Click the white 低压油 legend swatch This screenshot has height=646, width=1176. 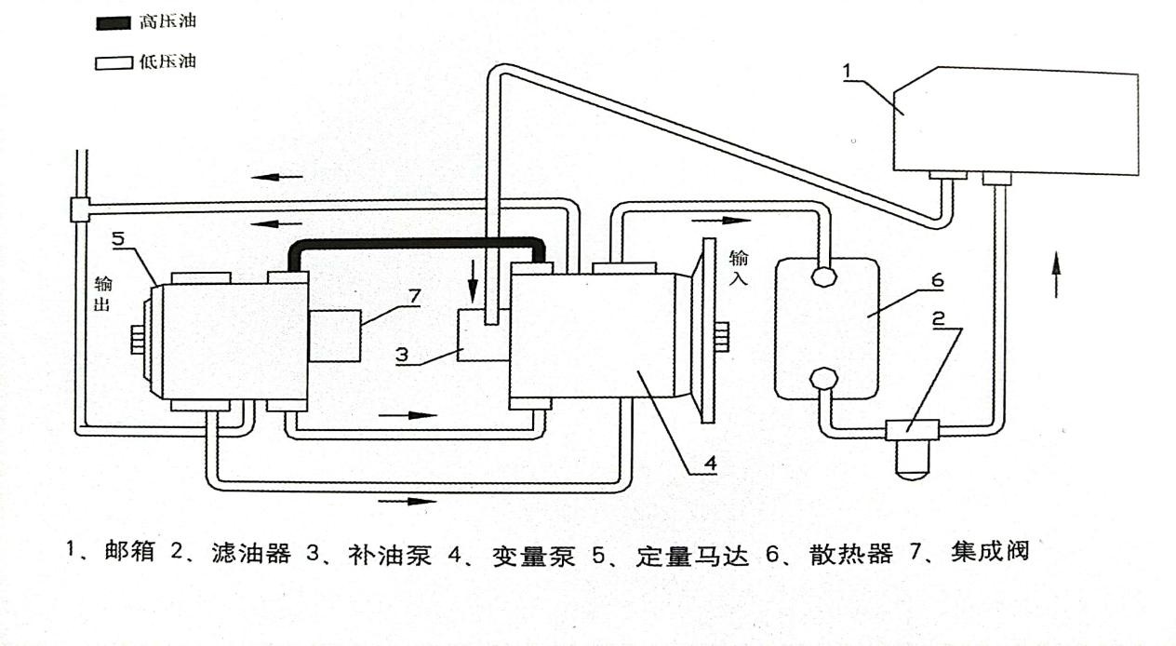click(107, 62)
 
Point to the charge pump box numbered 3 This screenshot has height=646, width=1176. click(483, 337)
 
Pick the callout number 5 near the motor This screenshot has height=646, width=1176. click(117, 238)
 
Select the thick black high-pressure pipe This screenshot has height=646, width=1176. click(419, 243)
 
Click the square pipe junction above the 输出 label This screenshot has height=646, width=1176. click(79, 209)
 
